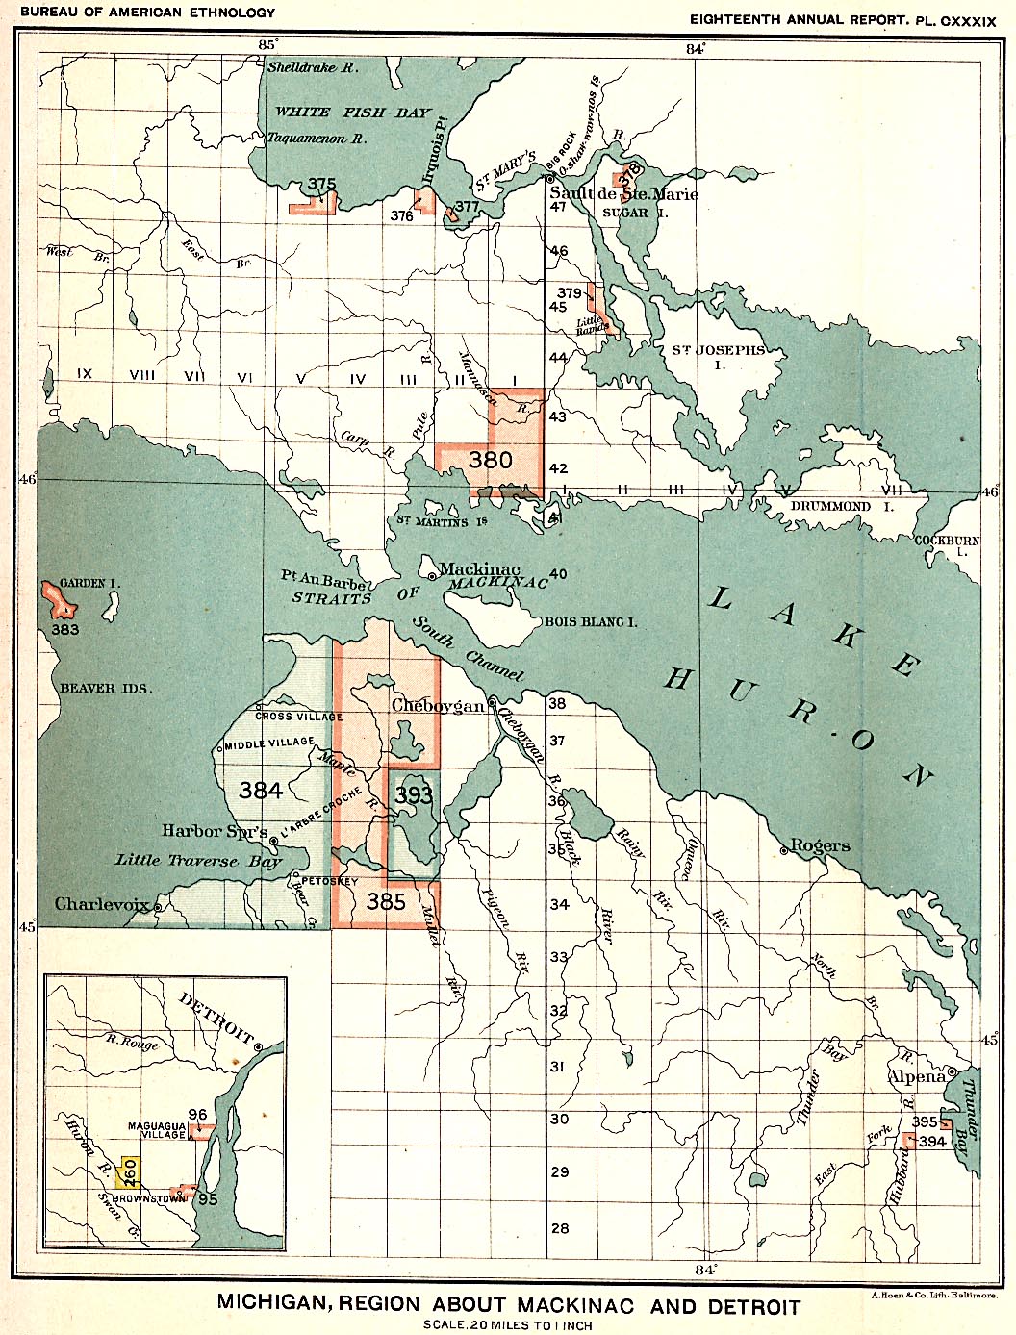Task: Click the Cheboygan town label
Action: point(438,706)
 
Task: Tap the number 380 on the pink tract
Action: point(491,460)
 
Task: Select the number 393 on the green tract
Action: point(414,795)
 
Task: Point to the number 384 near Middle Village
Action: point(261,790)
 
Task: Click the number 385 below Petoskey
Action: point(386,901)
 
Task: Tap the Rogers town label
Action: point(820,845)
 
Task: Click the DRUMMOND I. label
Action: point(830,506)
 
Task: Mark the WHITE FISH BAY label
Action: point(353,113)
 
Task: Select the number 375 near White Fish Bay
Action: point(322,185)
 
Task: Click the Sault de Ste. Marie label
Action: point(623,194)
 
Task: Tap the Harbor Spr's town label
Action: point(215,831)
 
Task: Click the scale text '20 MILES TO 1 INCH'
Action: point(507,1325)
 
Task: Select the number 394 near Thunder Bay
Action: point(932,1142)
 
